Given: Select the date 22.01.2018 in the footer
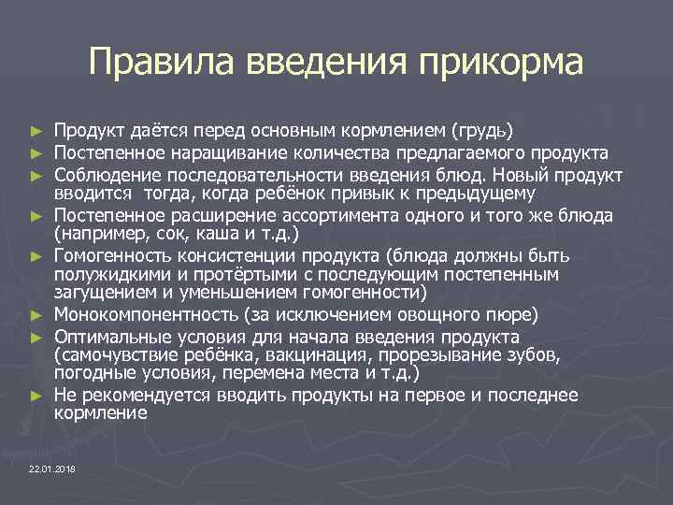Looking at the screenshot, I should point(53,468).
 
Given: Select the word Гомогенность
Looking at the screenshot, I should point(110,255).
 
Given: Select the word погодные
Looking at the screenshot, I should point(92,375).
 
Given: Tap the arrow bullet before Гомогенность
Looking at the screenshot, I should point(36,255).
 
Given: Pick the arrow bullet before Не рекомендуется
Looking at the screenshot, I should point(36,396).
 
